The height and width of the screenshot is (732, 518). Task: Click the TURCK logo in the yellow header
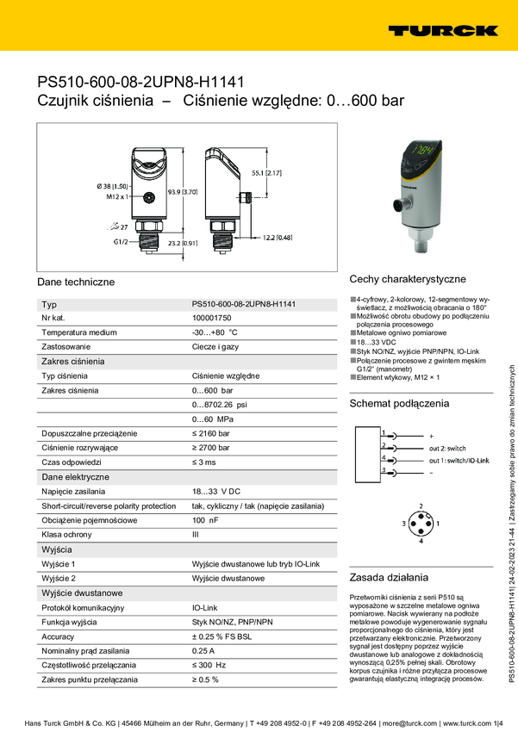(442, 30)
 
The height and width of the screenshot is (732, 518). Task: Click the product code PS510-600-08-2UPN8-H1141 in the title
(140, 82)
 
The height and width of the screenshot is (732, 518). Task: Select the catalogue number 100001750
(215, 318)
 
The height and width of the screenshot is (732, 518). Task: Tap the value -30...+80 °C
(214, 332)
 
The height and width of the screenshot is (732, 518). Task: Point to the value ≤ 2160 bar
(210, 433)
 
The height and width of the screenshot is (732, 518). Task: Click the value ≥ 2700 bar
(210, 448)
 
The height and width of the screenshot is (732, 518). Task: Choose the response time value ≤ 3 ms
(205, 462)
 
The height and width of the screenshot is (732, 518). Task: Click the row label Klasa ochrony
(69, 535)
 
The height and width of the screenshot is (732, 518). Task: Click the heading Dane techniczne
(76, 282)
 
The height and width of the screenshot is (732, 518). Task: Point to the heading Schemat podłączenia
(399, 403)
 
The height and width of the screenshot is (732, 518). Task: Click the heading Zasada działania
(388, 577)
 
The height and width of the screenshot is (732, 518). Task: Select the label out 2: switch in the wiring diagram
(447, 448)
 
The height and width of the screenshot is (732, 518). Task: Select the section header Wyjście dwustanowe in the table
(81, 593)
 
